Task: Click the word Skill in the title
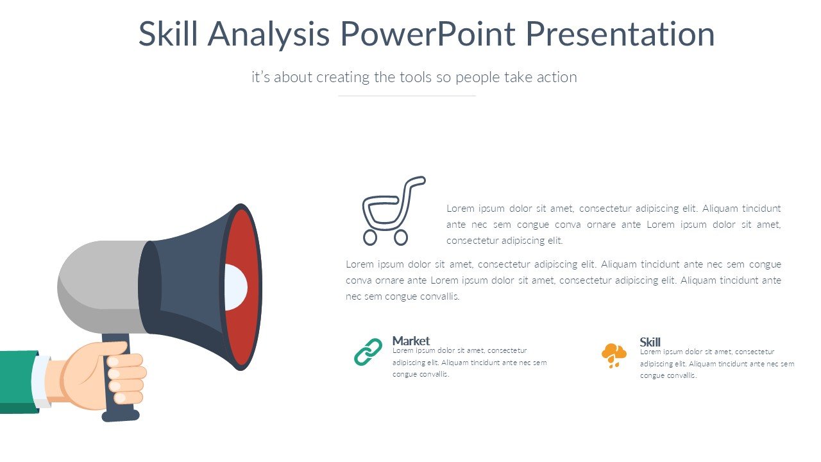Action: point(168,33)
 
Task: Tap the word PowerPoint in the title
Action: point(428,33)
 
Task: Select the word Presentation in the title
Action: point(620,33)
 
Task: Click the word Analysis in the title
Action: point(269,34)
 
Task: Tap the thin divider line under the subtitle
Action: point(407,96)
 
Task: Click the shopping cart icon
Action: point(394,211)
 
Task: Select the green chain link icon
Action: point(368,352)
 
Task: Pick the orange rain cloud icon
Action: point(614,355)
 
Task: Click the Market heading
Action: point(411,341)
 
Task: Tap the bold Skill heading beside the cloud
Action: point(650,342)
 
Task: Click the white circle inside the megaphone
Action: point(235,287)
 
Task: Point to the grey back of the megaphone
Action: point(99,286)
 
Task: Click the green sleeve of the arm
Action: point(19,382)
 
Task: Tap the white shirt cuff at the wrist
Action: point(41,381)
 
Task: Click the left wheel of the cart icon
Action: point(370,237)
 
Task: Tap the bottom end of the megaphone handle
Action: point(121,416)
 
